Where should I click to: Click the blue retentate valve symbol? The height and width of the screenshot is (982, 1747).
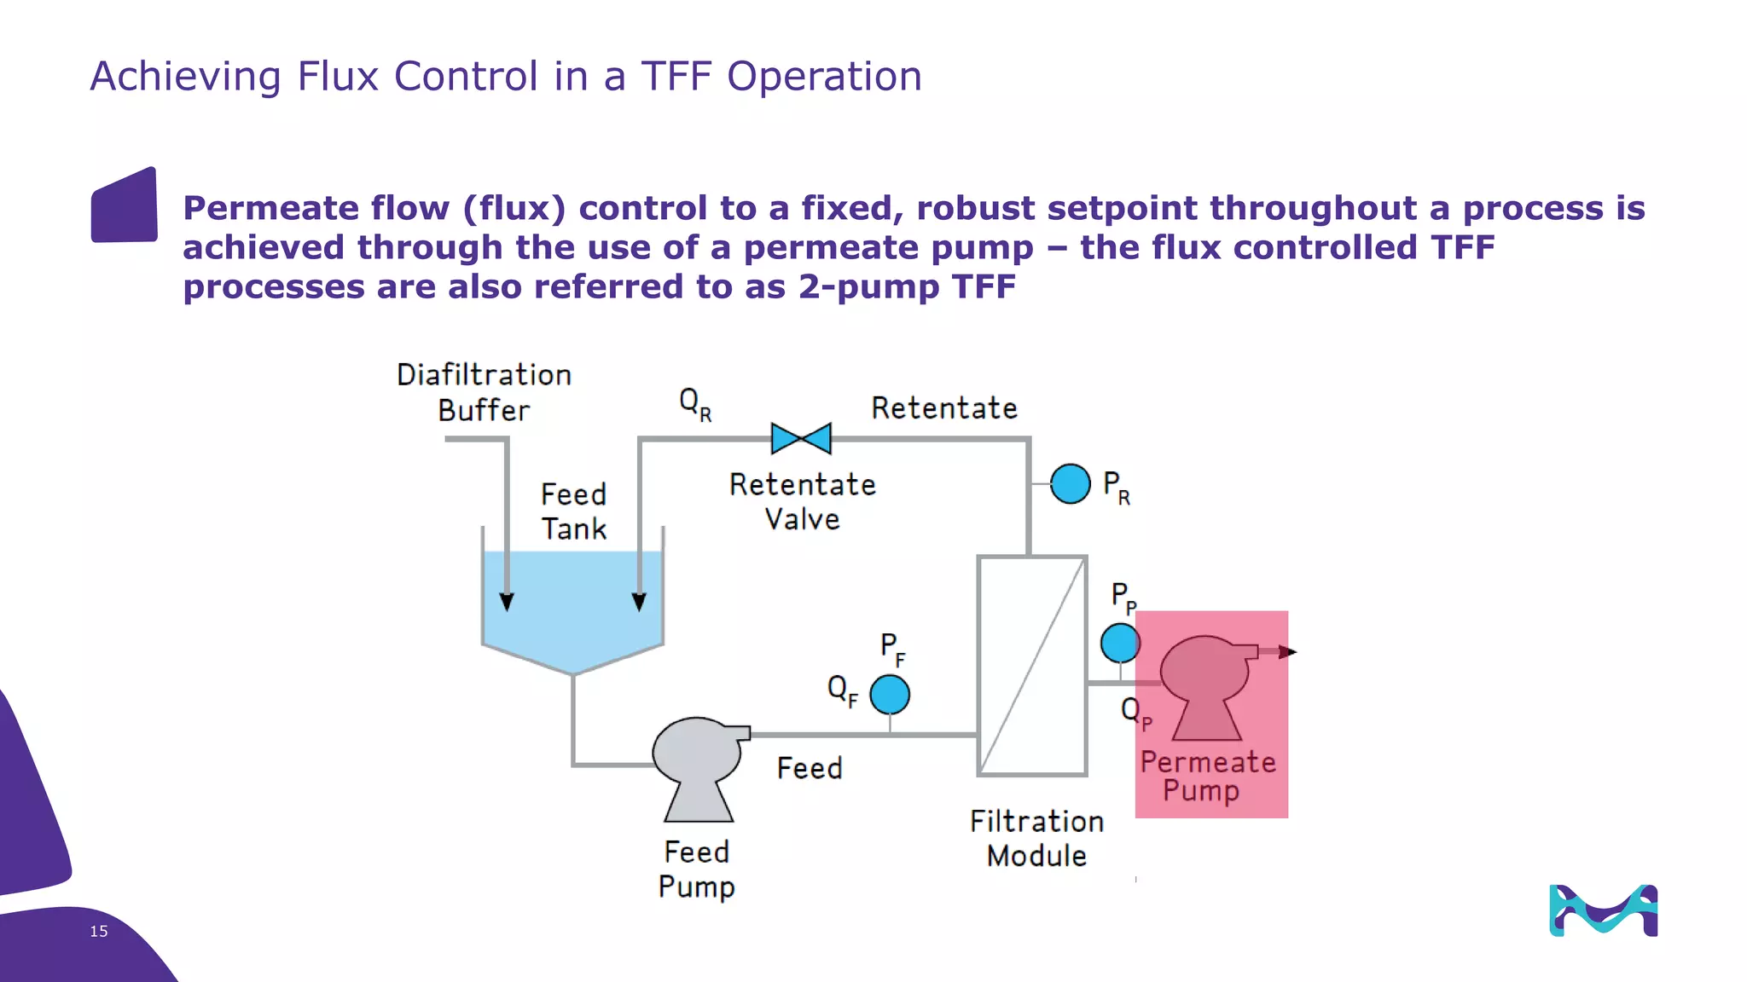point(801,438)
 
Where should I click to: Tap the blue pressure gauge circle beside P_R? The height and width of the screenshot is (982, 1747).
point(1070,483)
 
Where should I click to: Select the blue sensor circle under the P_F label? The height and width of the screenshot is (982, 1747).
point(890,694)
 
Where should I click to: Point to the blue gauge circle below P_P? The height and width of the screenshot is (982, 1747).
point(1120,643)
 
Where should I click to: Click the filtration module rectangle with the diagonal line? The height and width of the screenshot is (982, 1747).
point(1032,666)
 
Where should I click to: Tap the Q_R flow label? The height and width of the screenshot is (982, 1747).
point(695,403)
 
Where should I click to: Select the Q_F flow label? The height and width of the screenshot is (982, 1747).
point(843,690)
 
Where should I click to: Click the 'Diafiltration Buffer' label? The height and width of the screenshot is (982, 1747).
point(484,392)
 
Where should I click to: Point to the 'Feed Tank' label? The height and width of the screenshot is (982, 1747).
point(574,511)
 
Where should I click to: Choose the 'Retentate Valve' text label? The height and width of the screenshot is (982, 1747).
point(803,501)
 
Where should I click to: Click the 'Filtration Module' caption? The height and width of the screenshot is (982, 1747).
point(1036,838)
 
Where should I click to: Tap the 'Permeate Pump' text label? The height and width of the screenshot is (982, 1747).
point(1208,776)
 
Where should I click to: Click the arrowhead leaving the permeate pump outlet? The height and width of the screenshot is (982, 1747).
point(1288,652)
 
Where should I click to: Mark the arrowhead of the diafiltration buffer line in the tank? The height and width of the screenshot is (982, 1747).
point(507,602)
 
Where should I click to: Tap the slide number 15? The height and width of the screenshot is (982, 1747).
point(99,931)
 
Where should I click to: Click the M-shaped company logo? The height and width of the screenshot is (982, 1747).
point(1603,910)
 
